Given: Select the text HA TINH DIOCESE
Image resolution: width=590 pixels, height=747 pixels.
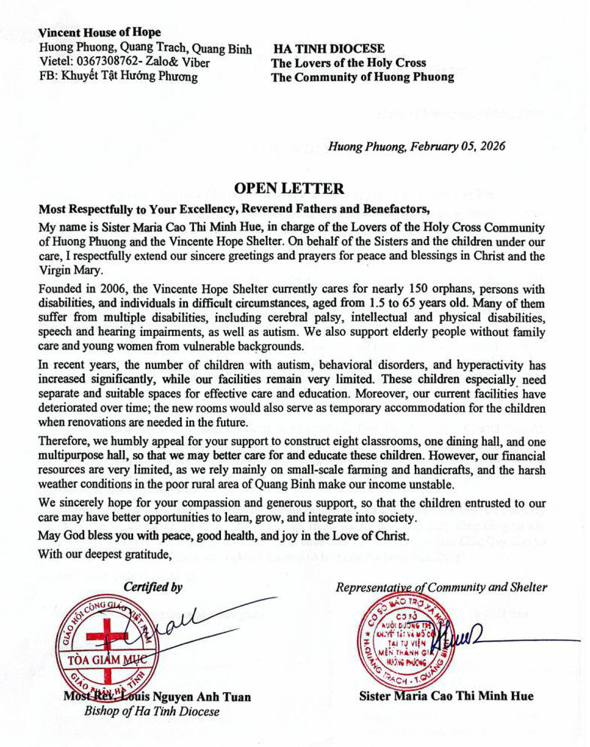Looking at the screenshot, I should pyautogui.click(x=328, y=48).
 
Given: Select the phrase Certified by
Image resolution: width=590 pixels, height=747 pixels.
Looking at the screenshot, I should pyautogui.click(x=153, y=587).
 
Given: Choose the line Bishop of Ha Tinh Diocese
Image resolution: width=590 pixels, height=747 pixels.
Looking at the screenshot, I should pyautogui.click(x=151, y=711).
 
